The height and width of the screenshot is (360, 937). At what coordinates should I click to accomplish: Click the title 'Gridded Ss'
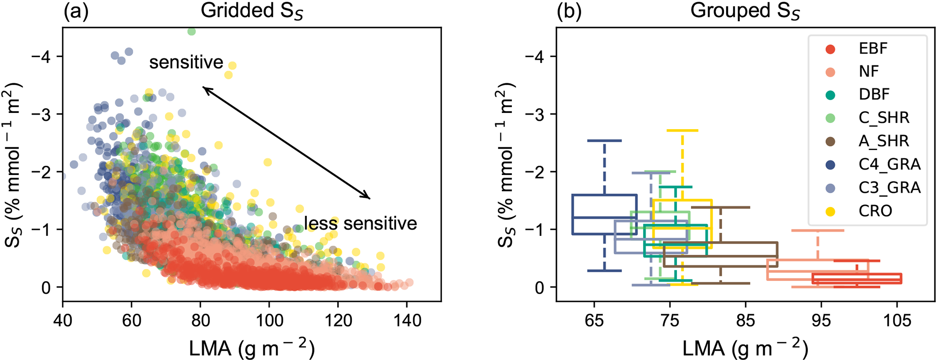(252, 11)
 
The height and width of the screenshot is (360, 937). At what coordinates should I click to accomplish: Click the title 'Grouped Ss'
(745, 11)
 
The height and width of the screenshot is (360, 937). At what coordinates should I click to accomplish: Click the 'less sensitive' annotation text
(360, 224)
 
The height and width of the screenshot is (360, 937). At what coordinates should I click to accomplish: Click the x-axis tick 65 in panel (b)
(594, 321)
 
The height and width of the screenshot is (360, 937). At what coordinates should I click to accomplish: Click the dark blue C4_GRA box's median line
(604, 218)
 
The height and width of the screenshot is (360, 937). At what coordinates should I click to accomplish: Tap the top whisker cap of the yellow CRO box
(682, 131)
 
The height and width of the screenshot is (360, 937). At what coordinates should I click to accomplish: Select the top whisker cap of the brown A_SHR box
(721, 207)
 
